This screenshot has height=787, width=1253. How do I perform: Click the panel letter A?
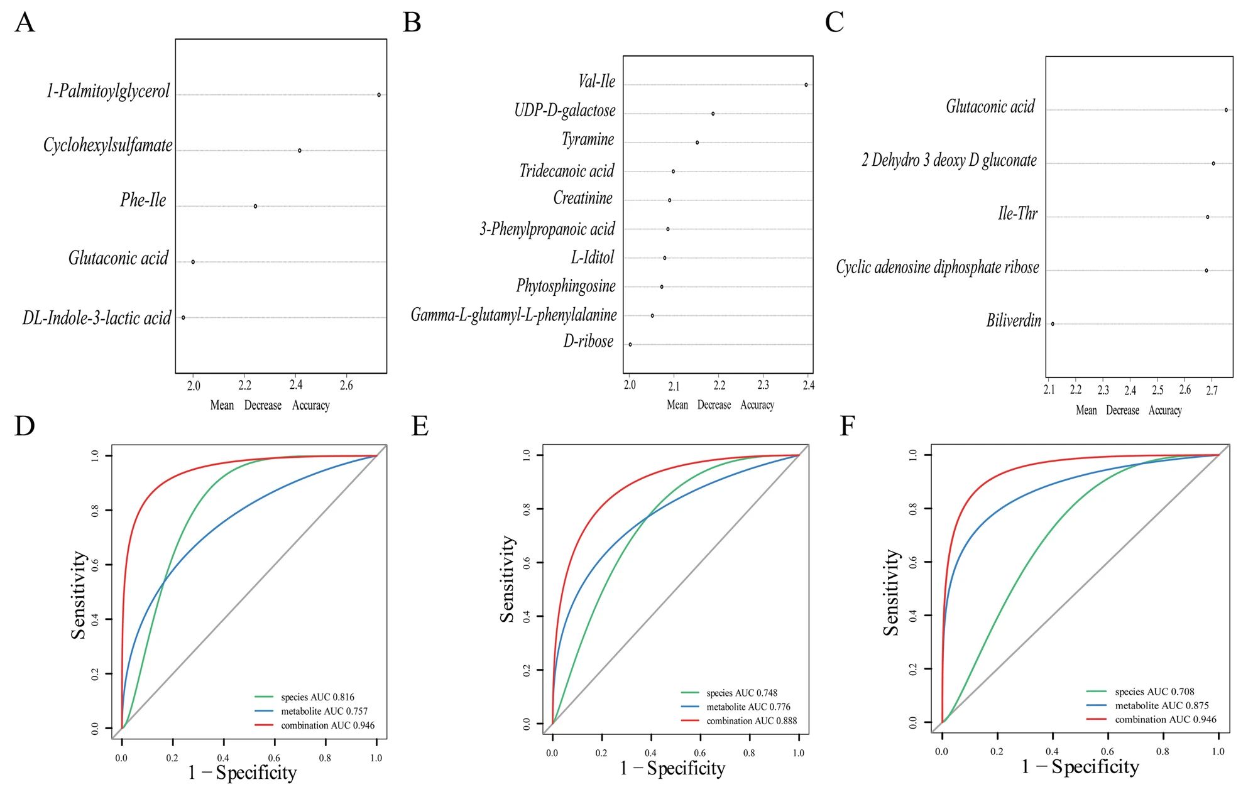[x=25, y=23]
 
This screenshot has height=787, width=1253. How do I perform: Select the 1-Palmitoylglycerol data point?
[x=379, y=95]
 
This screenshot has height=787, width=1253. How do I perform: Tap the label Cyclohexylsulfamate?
[x=108, y=146]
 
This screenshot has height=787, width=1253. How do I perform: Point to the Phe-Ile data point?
[x=255, y=206]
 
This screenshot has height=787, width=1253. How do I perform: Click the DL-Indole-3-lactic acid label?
[x=97, y=318]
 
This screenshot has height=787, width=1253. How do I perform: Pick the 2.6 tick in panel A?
[x=346, y=385]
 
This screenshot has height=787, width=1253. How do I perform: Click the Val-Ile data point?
[x=806, y=85]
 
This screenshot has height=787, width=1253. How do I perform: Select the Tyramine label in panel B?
[x=588, y=139]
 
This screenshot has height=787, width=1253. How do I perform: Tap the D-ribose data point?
[x=630, y=344]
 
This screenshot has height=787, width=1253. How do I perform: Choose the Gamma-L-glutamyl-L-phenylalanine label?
[x=513, y=315]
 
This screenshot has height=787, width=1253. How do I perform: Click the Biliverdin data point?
[x=1053, y=324]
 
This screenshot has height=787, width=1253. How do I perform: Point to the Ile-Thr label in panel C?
[x=1017, y=214]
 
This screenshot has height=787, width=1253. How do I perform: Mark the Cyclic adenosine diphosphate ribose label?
[x=937, y=268]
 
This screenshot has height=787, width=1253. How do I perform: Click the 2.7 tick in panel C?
[x=1212, y=390]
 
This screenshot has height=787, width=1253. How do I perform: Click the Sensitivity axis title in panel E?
[x=507, y=579]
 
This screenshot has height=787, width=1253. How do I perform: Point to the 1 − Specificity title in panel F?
[x=1080, y=767]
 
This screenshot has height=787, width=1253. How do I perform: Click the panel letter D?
[x=25, y=426]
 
